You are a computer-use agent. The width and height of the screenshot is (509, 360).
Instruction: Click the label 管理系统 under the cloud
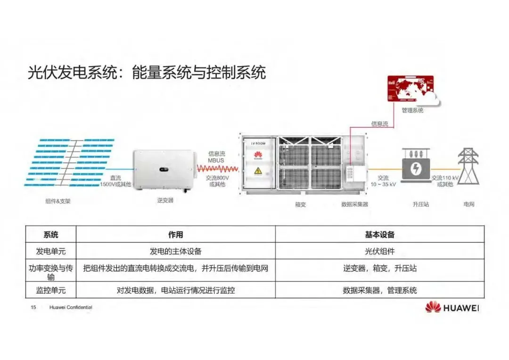pyautogui.click(x=412, y=110)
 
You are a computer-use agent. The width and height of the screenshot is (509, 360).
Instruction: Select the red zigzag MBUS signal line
pyautogui.click(x=216, y=169)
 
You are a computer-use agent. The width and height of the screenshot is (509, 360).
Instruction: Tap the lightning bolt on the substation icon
pyautogui.click(x=415, y=169)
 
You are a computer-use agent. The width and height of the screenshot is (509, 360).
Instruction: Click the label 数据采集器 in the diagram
pyautogui.click(x=354, y=205)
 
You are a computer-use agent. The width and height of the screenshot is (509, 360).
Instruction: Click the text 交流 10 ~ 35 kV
pyautogui.click(x=383, y=181)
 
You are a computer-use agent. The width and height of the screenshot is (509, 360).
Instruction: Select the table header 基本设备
pyautogui.click(x=379, y=234)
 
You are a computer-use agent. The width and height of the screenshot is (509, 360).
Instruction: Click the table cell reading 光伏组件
pyautogui.click(x=379, y=251)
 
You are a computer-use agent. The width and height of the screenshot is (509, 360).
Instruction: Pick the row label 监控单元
pyautogui.click(x=51, y=290)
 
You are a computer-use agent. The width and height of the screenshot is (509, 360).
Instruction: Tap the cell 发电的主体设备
pyautogui.click(x=175, y=251)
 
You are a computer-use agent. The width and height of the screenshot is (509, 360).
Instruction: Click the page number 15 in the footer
pyautogui.click(x=33, y=307)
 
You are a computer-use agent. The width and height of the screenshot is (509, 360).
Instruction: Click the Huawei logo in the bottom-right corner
pyautogui.click(x=452, y=307)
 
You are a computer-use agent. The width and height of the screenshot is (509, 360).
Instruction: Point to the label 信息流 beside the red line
pyautogui.click(x=379, y=124)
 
